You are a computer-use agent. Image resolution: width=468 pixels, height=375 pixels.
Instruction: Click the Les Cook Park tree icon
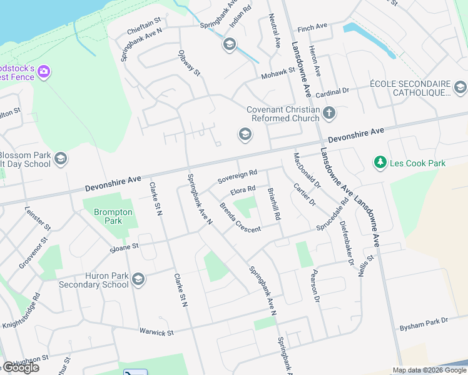pyautogui.click(x=380, y=163)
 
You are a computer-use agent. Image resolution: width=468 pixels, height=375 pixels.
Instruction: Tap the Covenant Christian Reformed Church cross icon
pyautogui.click(x=329, y=114)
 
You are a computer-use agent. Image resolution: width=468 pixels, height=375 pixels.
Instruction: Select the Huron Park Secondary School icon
pyautogui.click(x=138, y=279)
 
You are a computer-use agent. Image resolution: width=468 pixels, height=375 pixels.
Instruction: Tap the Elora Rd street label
pyautogui.click(x=243, y=190)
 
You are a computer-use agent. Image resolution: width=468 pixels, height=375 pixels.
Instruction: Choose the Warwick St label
pyautogui.click(x=156, y=332)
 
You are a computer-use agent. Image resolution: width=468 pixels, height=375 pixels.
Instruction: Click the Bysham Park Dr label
pyautogui.click(x=424, y=324)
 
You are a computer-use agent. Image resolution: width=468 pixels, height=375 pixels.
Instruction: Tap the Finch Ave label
pyautogui.click(x=313, y=28)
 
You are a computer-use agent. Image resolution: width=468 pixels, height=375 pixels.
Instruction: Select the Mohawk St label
pyautogui.click(x=278, y=72)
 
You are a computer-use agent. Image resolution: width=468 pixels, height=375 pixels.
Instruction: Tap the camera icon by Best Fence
pyautogui.click(x=44, y=72)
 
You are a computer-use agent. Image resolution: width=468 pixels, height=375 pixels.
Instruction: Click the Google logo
pyautogui.click(x=20, y=367)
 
